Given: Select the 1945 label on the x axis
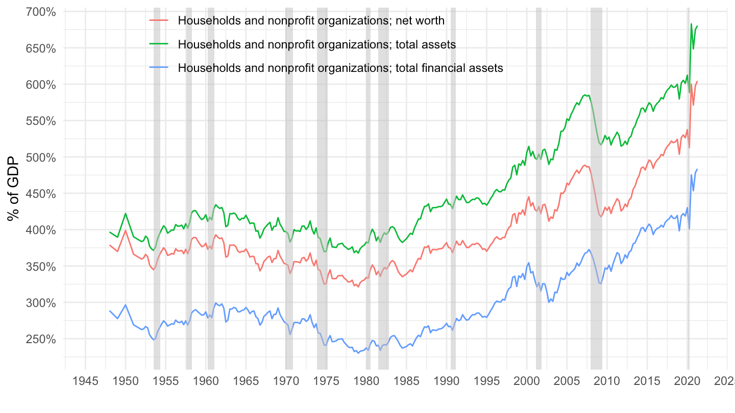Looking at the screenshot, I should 85,381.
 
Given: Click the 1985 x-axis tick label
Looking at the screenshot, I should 407,381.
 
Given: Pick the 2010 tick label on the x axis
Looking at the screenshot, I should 607,381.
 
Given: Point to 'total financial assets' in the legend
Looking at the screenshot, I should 449,68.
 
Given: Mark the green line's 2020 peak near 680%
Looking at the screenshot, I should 691,24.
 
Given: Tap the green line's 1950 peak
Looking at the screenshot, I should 126,213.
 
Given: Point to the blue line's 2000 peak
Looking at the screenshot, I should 528,263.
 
